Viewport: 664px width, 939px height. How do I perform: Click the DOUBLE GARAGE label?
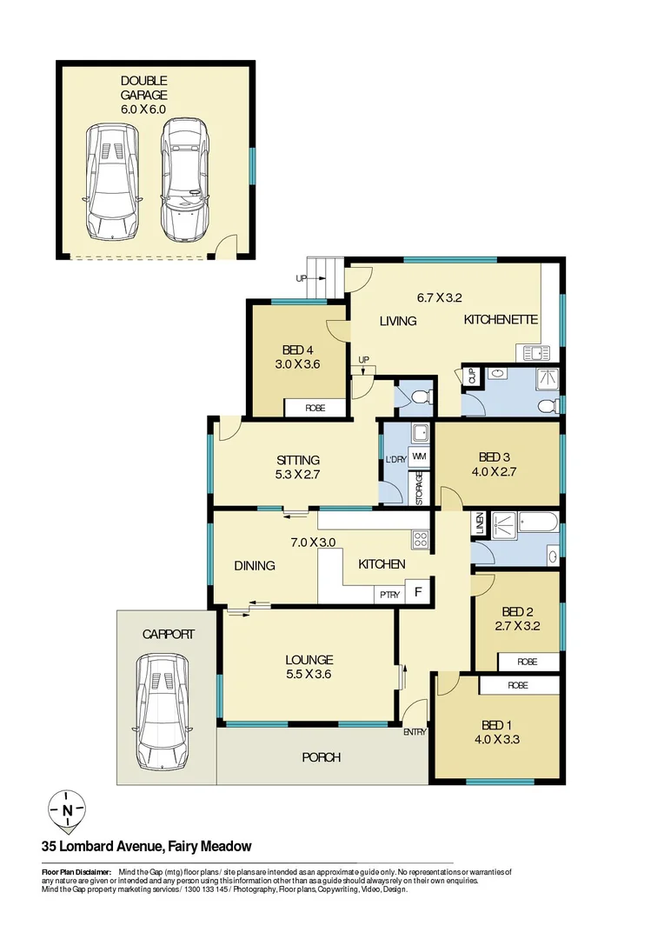[x=143, y=89]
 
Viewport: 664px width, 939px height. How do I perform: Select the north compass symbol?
[x=67, y=810]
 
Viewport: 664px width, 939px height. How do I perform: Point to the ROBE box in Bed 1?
[x=518, y=685]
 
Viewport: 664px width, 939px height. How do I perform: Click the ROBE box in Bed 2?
[x=528, y=662]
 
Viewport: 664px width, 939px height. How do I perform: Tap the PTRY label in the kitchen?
[x=388, y=595]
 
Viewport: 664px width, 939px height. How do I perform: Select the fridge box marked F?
[x=418, y=594]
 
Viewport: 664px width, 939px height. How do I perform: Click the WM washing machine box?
[x=419, y=456]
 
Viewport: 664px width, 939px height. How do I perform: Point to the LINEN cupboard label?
[x=478, y=523]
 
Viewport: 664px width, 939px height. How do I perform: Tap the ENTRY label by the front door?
[x=415, y=732]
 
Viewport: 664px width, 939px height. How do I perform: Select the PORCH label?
[x=321, y=757]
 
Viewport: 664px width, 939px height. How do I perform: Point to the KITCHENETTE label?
[x=501, y=320]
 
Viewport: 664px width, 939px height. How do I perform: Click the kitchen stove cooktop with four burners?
[x=421, y=539]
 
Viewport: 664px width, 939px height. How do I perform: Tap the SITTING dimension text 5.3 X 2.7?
[x=298, y=476]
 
